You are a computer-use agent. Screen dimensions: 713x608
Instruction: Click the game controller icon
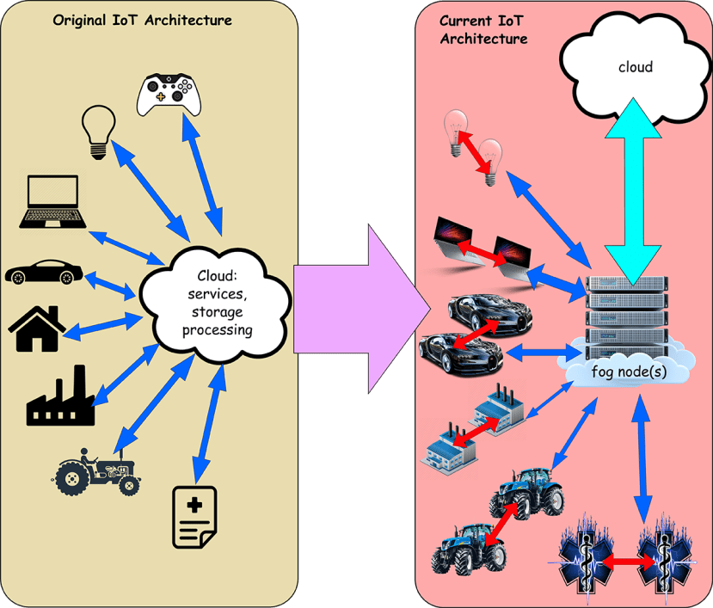coord(169,94)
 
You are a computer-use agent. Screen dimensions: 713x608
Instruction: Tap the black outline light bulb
coord(99,132)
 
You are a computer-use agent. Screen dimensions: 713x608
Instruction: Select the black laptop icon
coord(52,201)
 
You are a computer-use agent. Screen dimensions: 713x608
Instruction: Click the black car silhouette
coord(44,272)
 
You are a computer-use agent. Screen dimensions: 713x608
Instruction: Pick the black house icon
coord(37,329)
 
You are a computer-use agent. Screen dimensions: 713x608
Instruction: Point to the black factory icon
coord(60,396)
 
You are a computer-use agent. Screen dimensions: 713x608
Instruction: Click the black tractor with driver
coord(97,471)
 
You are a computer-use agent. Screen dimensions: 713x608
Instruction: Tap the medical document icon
coord(194,518)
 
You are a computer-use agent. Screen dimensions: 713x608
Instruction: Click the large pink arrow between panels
coord(362,309)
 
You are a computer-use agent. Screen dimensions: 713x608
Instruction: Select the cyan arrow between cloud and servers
coord(632,192)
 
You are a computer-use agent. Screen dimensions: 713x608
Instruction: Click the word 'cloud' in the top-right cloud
coord(636,67)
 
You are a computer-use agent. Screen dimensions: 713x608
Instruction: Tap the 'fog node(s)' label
coord(629,372)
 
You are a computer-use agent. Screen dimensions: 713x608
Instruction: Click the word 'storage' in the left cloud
coord(218,312)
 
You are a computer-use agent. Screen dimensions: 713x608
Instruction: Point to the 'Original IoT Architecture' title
coord(142,20)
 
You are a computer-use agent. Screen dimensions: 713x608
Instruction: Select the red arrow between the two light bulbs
coord(473,152)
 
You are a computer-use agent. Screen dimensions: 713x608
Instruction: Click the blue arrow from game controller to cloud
coord(202,174)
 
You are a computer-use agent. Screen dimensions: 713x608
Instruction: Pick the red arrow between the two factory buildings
coord(476,431)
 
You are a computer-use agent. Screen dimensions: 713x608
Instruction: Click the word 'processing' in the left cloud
coord(218,330)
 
